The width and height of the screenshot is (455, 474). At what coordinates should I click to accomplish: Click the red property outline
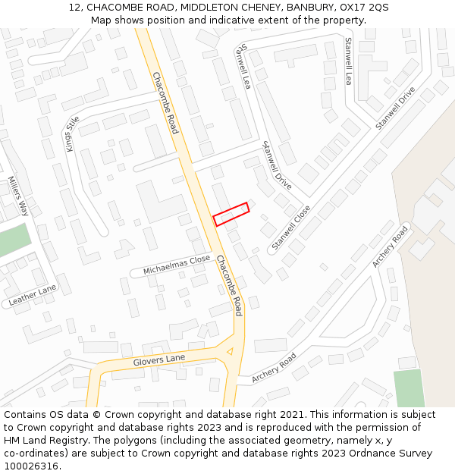coord(231,214)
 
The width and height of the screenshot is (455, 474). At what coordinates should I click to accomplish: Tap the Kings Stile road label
coord(73,133)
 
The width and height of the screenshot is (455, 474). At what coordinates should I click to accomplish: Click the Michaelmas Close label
coord(177,265)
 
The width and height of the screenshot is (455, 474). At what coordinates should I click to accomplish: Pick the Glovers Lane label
coord(159,359)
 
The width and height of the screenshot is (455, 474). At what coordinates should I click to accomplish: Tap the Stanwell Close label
coord(291,228)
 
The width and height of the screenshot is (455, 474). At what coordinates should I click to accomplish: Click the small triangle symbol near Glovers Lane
coord(229,350)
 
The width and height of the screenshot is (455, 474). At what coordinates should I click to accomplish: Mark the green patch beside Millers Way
coord(13,240)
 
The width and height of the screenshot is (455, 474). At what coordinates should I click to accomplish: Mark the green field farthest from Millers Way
coord(409,388)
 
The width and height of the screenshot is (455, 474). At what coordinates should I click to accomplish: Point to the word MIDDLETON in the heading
coord(199,7)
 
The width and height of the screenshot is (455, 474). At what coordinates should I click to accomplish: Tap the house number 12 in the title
coord(75,7)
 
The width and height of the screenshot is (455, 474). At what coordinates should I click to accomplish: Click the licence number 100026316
coord(30,466)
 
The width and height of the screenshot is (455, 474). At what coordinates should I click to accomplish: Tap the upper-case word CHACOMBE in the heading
coord(114,7)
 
